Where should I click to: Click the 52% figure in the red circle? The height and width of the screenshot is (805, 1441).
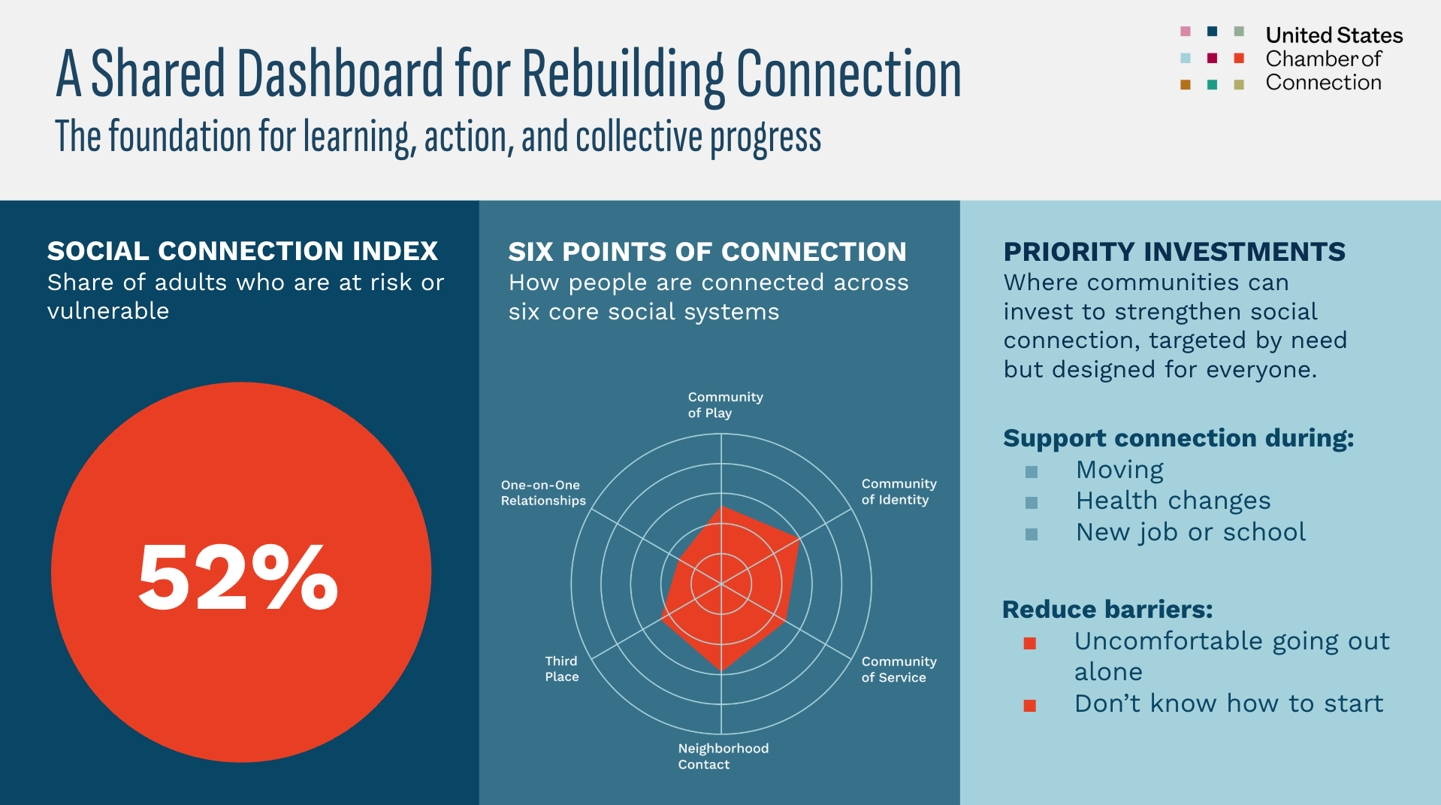coord(238,577)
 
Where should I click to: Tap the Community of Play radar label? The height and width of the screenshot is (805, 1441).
coord(724,404)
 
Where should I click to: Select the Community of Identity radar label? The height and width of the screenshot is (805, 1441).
coord(899,492)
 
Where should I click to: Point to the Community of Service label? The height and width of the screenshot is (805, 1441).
coord(899,669)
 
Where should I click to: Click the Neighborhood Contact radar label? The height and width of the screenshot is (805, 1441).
coord(723,756)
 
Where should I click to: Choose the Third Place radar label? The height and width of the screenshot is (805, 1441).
coord(561,668)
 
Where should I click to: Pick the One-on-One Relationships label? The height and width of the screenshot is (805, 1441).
coord(542,492)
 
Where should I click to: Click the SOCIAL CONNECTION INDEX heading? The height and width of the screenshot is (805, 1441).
coord(242,251)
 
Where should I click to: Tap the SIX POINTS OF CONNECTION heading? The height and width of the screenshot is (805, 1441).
coord(707,252)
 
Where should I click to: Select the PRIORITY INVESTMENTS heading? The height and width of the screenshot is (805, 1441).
coord(1174,252)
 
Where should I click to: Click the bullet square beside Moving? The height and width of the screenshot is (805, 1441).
coord(1032,472)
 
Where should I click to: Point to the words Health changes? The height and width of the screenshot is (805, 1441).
coord(1173,501)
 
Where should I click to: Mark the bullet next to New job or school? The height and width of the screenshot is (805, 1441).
coord(1032,534)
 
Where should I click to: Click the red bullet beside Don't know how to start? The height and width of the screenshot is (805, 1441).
coord(1030,706)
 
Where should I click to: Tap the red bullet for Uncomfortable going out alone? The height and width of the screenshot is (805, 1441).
coord(1030,643)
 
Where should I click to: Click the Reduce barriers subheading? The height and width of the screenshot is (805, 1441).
coord(1107,610)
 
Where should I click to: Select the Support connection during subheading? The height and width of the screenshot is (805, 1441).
coord(1178,438)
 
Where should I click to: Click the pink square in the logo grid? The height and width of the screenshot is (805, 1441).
coord(1186,32)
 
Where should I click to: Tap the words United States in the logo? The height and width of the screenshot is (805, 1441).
coord(1334,35)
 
